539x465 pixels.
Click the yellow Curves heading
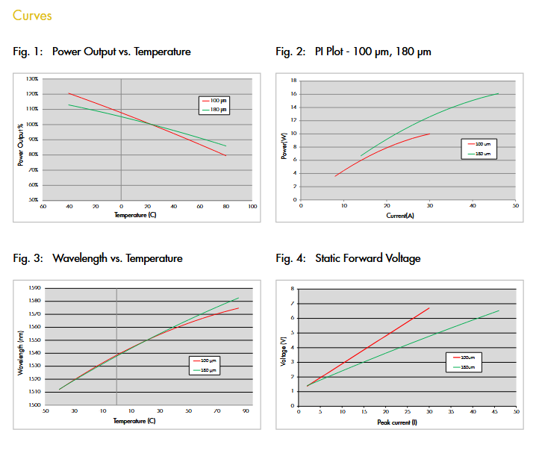[32, 16]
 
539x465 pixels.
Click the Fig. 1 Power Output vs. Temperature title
[102, 52]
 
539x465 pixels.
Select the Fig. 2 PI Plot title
[353, 52]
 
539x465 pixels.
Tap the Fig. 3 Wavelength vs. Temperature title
[98, 258]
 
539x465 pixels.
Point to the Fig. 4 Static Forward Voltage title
[348, 258]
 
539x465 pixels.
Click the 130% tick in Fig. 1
[32, 78]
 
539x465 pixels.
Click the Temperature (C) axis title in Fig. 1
[134, 215]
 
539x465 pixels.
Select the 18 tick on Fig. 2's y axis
[294, 81]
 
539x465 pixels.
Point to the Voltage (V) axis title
[283, 352]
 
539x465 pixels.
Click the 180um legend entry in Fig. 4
[467, 366]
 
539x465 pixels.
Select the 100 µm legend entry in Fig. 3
[208, 361]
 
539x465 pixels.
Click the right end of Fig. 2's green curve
[498, 93]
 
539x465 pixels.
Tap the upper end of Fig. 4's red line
[429, 308]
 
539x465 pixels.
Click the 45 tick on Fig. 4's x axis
[494, 411]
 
